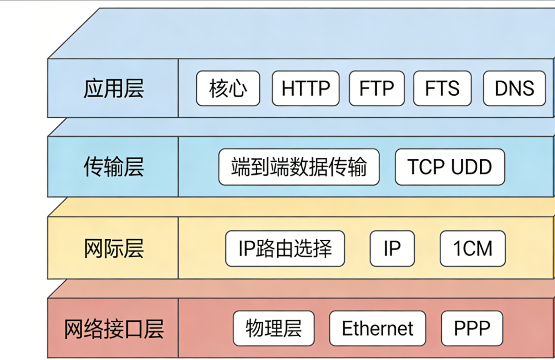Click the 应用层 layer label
click(x=113, y=88)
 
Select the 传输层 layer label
click(x=113, y=167)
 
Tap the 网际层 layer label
click(x=113, y=248)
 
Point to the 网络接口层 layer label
click(x=113, y=328)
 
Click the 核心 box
click(x=228, y=88)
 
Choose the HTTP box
click(x=306, y=88)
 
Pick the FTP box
click(x=376, y=88)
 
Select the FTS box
click(x=442, y=88)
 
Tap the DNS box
click(x=514, y=88)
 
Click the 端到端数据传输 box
click(x=299, y=167)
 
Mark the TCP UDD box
click(x=449, y=167)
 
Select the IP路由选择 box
click(x=285, y=248)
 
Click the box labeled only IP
click(x=392, y=248)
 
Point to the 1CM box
click(x=472, y=248)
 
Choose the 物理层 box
click(x=273, y=328)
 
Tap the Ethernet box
click(x=377, y=328)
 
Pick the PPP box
click(x=472, y=328)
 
